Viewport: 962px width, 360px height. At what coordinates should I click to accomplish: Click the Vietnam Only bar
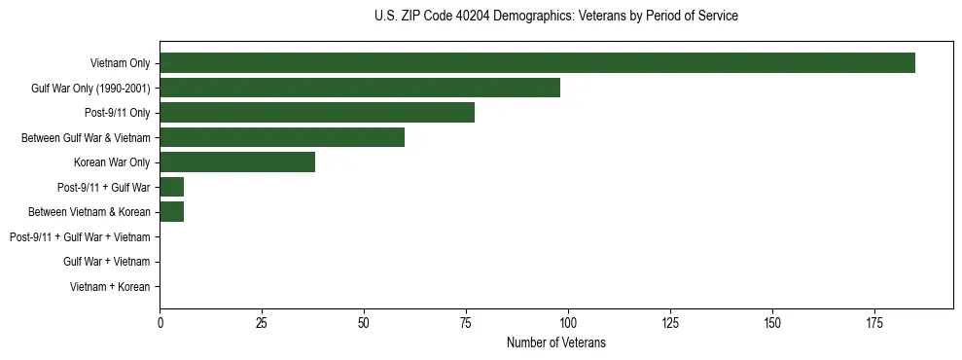coord(537,63)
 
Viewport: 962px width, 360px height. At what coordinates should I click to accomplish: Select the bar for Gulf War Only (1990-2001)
coord(360,88)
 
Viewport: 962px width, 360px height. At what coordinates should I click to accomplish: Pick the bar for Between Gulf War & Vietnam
coord(282,137)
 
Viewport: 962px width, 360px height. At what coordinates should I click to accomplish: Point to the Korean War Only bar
coord(237,162)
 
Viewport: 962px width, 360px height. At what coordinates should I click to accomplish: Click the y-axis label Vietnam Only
coord(120,63)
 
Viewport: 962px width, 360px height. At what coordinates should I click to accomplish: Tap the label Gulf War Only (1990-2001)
coord(90,89)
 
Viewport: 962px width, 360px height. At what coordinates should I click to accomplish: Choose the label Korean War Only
coord(112,162)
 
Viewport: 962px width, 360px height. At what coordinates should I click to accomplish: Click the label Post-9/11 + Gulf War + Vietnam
coord(80,237)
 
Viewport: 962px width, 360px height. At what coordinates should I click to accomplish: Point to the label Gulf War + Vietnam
coord(106,262)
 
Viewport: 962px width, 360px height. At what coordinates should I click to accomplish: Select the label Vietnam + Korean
coord(110,287)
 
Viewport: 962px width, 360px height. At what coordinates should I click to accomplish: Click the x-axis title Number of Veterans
coord(555,342)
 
